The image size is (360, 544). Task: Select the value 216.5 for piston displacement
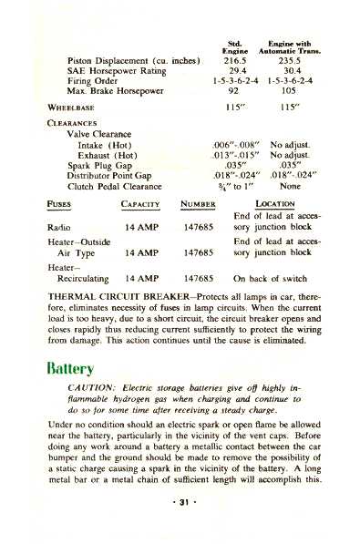pyautogui.click(x=237, y=60)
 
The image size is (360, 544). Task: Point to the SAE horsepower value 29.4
pyautogui.click(x=237, y=72)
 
